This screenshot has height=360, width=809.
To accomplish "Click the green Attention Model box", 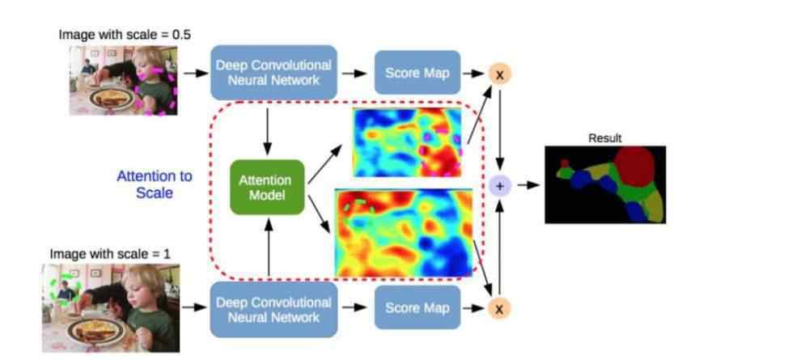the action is point(267,187).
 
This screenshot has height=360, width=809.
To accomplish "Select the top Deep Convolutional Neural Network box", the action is point(274,73).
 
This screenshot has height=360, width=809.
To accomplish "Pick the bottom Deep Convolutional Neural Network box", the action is point(274,310).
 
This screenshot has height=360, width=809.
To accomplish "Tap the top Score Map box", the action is point(417,73).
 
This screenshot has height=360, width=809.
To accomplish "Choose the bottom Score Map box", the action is point(417,308).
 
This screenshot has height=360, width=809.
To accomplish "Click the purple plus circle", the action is point(499,186).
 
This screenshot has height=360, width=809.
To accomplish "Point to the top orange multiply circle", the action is point(499,74).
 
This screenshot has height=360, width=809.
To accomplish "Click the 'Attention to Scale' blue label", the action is point(155,184).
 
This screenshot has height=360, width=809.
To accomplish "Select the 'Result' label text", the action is point(604,138).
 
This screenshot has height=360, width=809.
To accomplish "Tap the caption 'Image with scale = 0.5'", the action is point(125,36).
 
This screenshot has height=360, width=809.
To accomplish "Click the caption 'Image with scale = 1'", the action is point(110,254).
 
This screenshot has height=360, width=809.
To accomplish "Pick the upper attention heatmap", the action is point(407,143).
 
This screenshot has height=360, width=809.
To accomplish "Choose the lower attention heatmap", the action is point(404,233).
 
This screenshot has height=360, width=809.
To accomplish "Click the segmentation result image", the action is point(605,184).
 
